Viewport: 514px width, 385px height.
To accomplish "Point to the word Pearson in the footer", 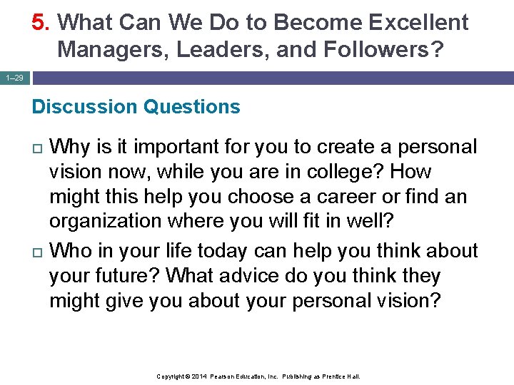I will pos(224,376).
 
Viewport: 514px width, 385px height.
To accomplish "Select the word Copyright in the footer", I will pos(171,376).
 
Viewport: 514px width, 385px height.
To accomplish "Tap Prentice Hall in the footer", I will pos(342,376).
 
